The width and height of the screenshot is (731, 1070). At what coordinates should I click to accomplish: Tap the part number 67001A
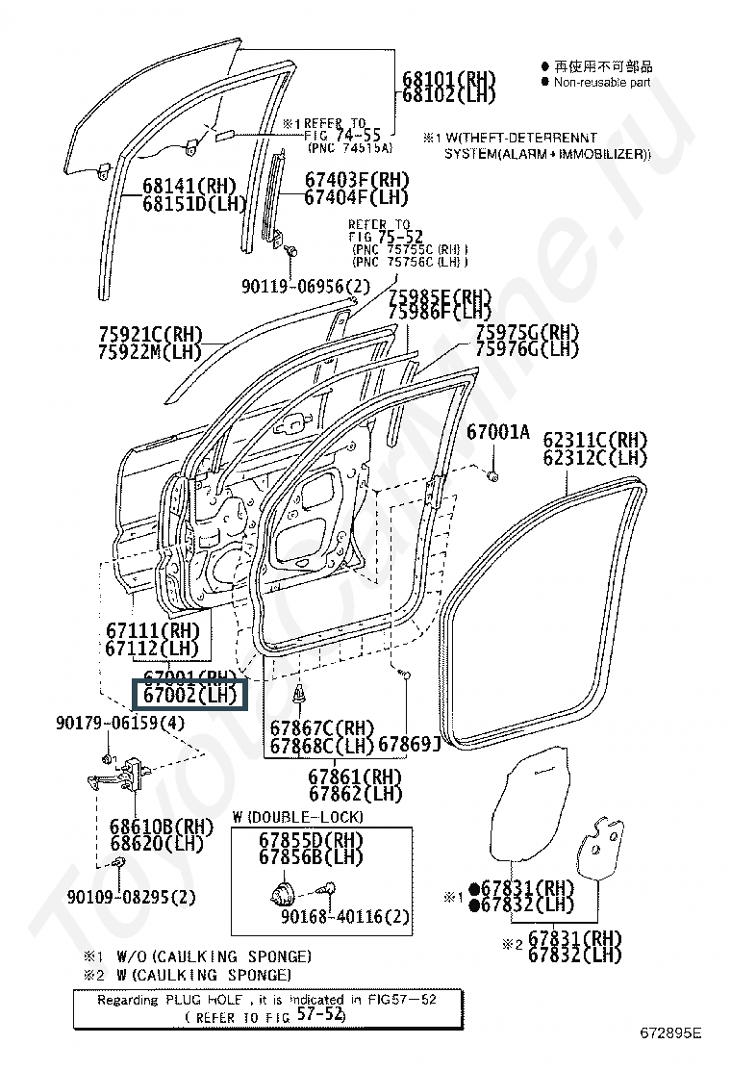coord(498,433)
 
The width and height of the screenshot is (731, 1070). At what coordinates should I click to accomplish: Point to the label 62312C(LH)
coord(594,458)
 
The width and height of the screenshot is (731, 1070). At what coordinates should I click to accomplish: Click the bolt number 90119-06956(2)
coord(305,286)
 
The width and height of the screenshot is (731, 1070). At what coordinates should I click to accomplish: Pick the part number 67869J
coord(409,744)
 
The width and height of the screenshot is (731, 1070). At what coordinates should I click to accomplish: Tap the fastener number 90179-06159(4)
coord(119,722)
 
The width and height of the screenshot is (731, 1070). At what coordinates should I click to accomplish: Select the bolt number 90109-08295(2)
coord(132,897)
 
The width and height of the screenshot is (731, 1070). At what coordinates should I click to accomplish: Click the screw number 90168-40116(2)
coord(345,916)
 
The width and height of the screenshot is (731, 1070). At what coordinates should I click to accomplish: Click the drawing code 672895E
coord(671,1032)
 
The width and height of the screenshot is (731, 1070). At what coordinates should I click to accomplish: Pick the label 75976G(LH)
coord(528,348)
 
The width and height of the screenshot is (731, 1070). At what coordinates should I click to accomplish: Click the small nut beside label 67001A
coord(492,474)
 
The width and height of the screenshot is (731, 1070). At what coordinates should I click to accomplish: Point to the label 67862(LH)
coord(355,794)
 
